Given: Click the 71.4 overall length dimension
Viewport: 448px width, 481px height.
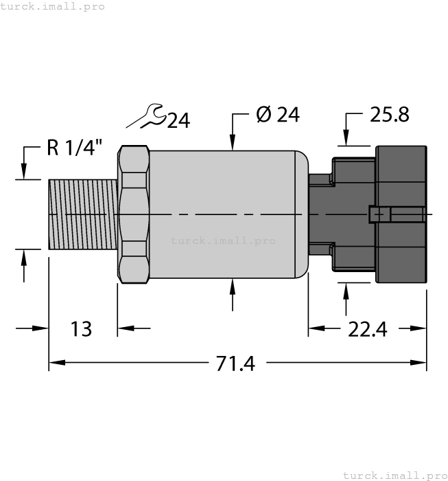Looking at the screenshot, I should pos(235,363).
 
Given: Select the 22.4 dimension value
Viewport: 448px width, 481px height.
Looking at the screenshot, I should pos(367,330).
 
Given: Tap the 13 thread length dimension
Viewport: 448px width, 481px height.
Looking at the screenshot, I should pos(81,330).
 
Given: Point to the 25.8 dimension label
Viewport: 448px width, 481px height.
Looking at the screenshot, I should pos(389,115).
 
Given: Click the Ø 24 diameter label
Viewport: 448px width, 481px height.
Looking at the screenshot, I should pos(278,115).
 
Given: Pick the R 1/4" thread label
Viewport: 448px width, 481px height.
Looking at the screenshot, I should pos(75,147).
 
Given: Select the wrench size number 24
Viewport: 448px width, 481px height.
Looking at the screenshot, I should pos(178,121).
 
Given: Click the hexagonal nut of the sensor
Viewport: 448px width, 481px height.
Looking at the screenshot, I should pos(134,214).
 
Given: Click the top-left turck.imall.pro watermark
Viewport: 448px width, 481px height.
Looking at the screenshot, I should pos(53,6).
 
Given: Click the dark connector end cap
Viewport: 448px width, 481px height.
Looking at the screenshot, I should pos(401,214).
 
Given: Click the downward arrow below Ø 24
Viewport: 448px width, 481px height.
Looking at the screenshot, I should pos(233,140).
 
